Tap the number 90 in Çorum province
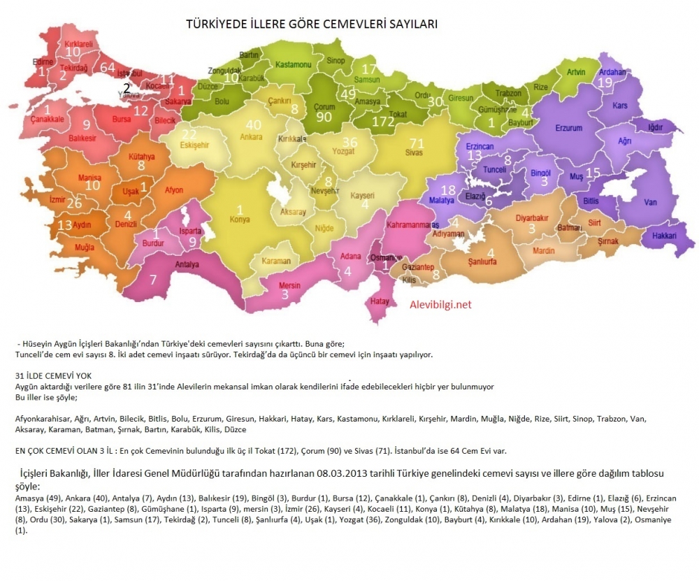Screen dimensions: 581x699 pyautogui.click(x=324, y=117)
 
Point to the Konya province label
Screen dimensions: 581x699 pyautogui.click(x=240, y=219)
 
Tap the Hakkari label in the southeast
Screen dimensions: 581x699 pyautogui.click(x=664, y=236)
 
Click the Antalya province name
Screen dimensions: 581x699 pyautogui.click(x=187, y=264)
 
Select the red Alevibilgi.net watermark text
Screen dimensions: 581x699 pyautogui.click(x=440, y=305)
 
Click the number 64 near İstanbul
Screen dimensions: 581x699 pyautogui.click(x=108, y=67)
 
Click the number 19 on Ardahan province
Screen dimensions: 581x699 pyautogui.click(x=605, y=82)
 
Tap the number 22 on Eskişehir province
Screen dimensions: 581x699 pyautogui.click(x=189, y=134)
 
